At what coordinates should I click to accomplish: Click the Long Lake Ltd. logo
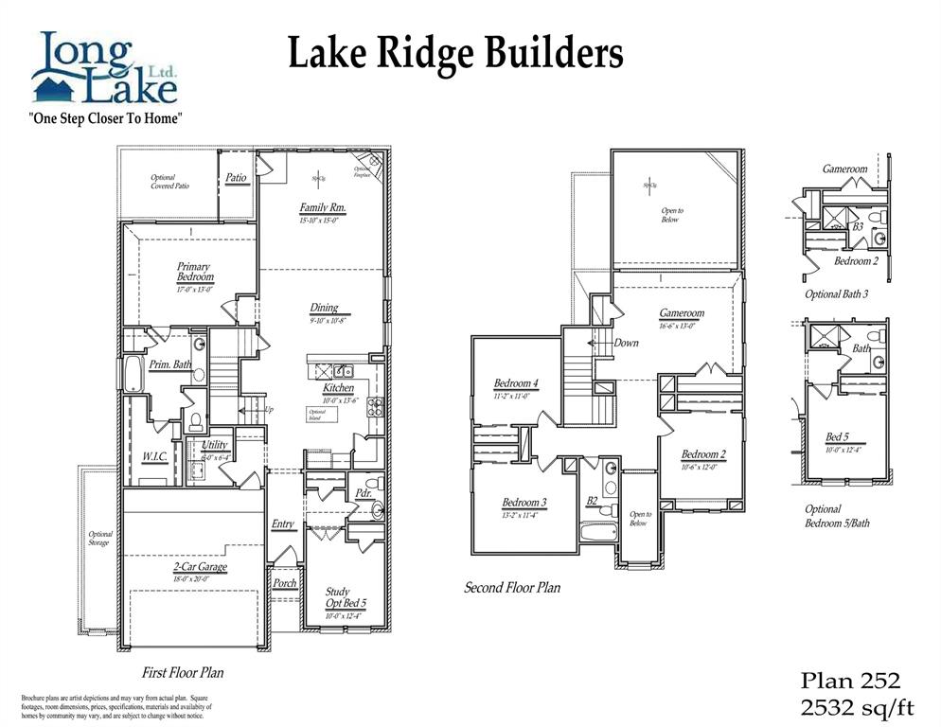click(x=104, y=68)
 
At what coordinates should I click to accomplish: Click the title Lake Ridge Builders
click(x=455, y=54)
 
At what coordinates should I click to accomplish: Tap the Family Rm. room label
click(x=322, y=207)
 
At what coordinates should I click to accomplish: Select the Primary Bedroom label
click(x=194, y=272)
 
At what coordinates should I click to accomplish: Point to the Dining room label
click(x=324, y=308)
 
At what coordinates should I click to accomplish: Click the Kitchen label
click(x=338, y=388)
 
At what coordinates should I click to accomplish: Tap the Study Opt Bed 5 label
click(x=346, y=597)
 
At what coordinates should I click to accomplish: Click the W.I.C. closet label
click(x=155, y=456)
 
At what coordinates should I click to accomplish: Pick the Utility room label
click(x=214, y=444)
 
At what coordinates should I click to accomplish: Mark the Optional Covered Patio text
click(x=169, y=182)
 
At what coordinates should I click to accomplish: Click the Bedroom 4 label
click(x=516, y=383)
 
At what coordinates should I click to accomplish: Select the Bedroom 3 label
click(x=524, y=502)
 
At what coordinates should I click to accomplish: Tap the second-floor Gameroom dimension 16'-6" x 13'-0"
click(x=681, y=326)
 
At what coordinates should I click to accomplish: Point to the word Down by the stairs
click(x=626, y=343)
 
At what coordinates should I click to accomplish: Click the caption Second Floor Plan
click(x=511, y=588)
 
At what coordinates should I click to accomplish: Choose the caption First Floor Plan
click(x=183, y=673)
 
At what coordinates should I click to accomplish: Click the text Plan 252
click(x=849, y=680)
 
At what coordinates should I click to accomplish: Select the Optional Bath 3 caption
click(x=836, y=294)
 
